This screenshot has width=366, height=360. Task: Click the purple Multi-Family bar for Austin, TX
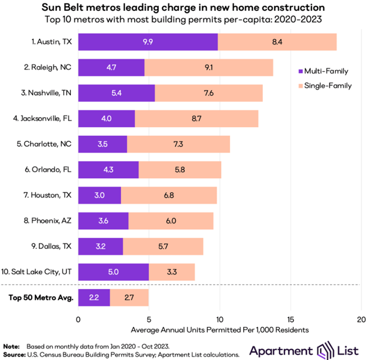tap(148, 42)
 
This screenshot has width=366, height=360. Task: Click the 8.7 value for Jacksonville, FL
tap(197, 118)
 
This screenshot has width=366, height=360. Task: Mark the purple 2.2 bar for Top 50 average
tap(94, 297)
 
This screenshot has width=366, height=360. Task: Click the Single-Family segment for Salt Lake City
tap(172, 272)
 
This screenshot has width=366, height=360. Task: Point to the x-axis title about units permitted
tap(220, 328)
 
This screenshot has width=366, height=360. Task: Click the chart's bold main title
tap(182, 8)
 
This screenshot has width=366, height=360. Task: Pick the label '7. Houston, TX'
tap(50, 195)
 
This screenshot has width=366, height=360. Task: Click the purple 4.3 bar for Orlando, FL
tap(108, 170)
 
